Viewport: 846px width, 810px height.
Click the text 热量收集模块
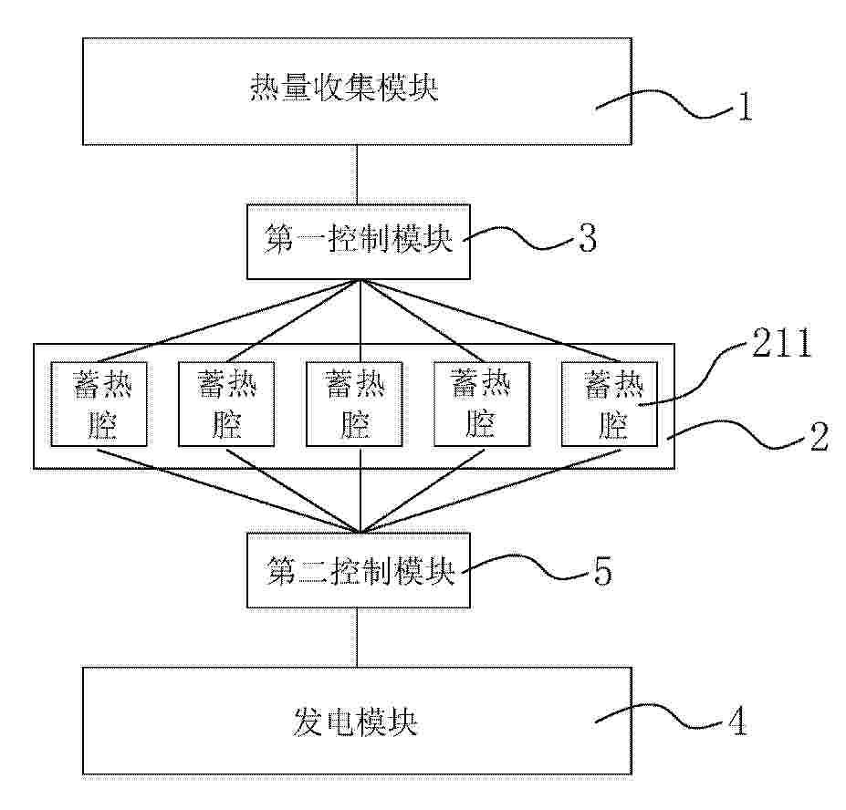tap(344, 88)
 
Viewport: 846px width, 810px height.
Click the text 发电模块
tap(356, 722)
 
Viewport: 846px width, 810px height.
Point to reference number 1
tap(745, 107)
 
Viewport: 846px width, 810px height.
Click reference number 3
tap(588, 237)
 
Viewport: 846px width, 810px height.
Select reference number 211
tap(782, 342)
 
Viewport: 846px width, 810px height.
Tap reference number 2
tap(819, 436)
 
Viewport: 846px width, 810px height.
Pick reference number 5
tap(603, 571)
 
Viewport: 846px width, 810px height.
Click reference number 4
tap(737, 721)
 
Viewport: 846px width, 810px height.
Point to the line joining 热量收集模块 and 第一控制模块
tap(356, 174)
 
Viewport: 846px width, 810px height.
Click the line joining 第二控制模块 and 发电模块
tap(356, 638)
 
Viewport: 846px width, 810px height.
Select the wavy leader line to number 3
tap(518, 238)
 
